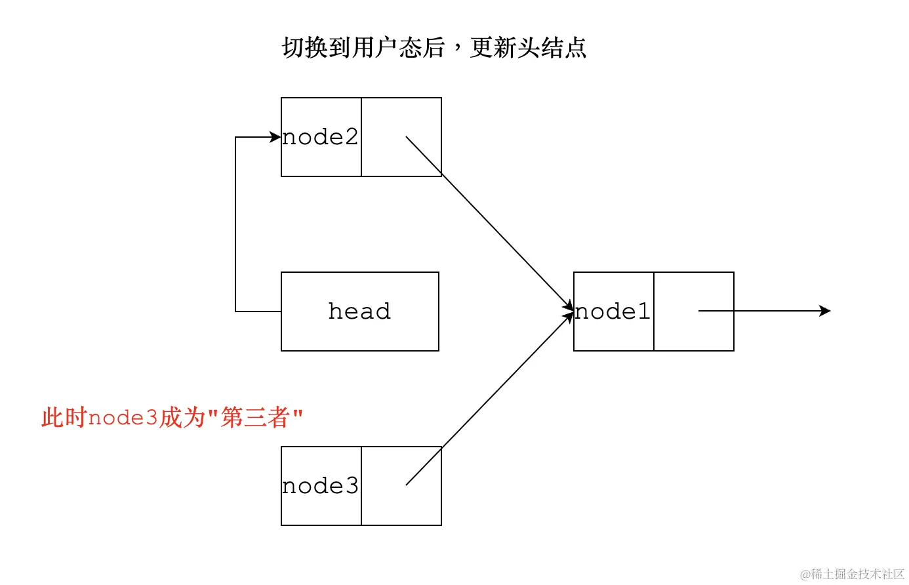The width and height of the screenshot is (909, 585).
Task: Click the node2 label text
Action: pos(320,137)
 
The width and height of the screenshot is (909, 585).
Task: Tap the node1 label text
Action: pos(613,312)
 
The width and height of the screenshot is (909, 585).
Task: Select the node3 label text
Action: pos(320,486)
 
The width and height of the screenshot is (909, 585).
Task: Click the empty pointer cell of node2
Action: pos(401,137)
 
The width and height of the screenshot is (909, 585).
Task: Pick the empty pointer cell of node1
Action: pos(693,312)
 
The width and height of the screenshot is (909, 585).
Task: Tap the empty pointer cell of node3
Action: pos(401,486)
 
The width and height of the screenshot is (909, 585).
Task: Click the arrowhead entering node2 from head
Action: pos(275,137)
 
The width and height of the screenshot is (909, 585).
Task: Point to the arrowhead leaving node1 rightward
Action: pos(826,311)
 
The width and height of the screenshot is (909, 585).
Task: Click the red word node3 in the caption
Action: pos(123,418)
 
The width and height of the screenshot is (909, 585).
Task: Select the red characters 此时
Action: pos(64,418)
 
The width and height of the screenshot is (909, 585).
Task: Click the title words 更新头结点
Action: pos(528,48)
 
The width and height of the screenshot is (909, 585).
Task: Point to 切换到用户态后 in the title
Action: pos(363,48)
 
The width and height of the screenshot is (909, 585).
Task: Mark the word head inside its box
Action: pos(359,311)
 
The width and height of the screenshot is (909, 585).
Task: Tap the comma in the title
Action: pos(457,51)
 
